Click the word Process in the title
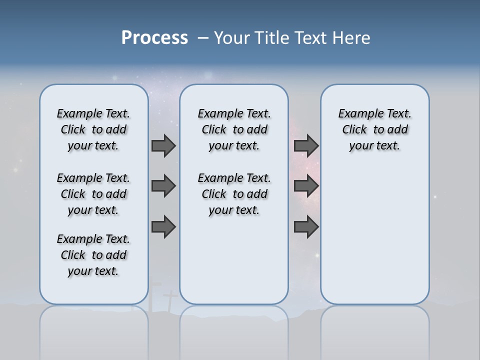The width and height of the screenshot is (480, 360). [154, 38]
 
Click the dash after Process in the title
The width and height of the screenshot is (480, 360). [203, 38]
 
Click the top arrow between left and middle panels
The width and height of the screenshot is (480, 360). [163, 146]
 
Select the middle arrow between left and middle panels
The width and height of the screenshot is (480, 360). [163, 186]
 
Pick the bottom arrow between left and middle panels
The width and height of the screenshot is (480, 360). [163, 227]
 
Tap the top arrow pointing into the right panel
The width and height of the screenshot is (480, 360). [306, 146]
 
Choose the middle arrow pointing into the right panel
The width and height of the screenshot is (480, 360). [306, 186]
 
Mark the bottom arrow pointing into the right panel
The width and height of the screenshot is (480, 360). [306, 227]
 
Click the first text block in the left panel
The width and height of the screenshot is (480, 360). [93, 129]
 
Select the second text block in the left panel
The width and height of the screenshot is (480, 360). [93, 194]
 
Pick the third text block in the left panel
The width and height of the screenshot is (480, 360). [93, 255]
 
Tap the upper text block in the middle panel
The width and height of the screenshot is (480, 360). [234, 129]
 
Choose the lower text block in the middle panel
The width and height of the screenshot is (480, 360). [234, 194]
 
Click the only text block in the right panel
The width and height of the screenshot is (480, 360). [375, 129]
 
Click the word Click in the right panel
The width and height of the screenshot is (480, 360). [354, 130]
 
